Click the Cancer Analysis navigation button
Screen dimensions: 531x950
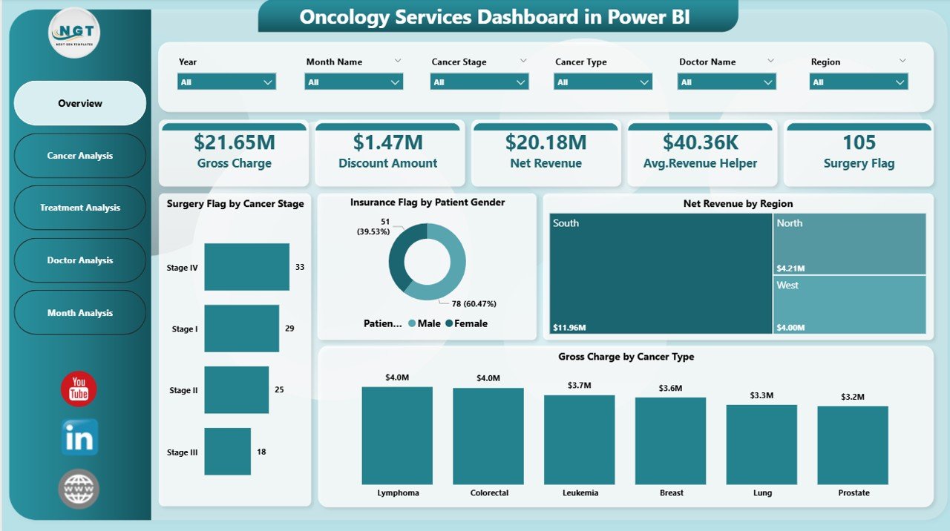[80, 156]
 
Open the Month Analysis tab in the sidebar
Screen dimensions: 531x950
[80, 313]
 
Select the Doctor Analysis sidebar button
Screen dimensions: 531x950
[80, 260]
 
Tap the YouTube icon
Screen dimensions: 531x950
[79, 389]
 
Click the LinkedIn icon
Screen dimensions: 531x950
[79, 438]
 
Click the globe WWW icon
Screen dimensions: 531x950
[79, 489]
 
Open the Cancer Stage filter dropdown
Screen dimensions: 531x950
[479, 82]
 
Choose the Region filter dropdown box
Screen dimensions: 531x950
[859, 82]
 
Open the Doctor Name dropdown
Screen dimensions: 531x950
[727, 82]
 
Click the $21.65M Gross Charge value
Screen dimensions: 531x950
[234, 142]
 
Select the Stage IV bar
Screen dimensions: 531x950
[246, 267]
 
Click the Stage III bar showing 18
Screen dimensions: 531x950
[227, 451]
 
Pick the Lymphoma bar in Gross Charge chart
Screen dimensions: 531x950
[397, 435]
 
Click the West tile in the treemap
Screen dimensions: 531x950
[849, 305]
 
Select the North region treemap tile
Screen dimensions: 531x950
[849, 244]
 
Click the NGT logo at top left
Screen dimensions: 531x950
[74, 33]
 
